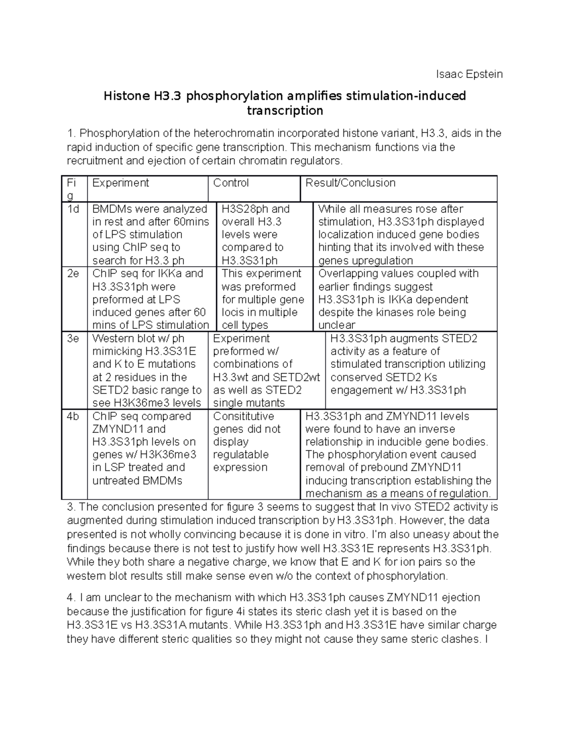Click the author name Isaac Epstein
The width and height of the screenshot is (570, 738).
(469, 74)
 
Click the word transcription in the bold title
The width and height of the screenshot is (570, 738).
(285, 111)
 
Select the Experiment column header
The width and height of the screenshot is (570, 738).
(121, 183)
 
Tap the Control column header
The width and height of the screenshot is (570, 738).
(231, 183)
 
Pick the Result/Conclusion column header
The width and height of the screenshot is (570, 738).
(350, 183)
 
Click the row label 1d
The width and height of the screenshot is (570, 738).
(73, 209)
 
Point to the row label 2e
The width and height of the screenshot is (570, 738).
(73, 274)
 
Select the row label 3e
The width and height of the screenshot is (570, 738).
(73, 338)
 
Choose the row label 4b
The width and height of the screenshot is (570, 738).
(73, 416)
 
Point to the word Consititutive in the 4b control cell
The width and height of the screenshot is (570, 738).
(243, 416)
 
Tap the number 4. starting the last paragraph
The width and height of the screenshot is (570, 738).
(71, 597)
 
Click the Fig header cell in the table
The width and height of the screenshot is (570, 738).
(71, 189)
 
